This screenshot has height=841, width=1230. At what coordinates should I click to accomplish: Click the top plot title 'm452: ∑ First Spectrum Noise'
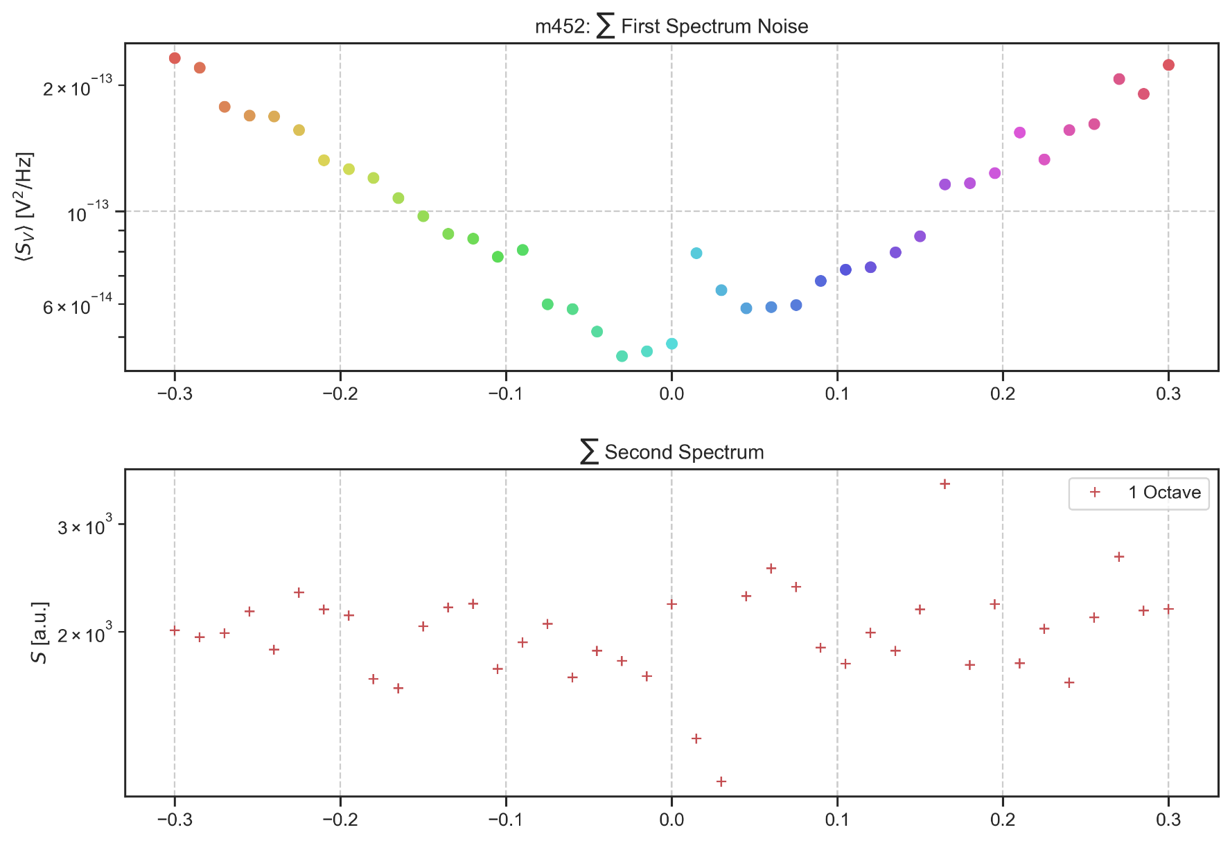click(x=671, y=26)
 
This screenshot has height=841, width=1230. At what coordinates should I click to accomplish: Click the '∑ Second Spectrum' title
click(x=671, y=452)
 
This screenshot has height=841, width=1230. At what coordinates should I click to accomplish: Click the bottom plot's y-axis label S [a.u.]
click(x=41, y=632)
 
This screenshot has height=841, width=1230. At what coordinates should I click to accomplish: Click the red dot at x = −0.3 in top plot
click(x=175, y=58)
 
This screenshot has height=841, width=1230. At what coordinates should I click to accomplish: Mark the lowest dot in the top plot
click(x=622, y=356)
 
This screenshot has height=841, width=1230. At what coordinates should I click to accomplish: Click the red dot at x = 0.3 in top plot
click(x=1168, y=65)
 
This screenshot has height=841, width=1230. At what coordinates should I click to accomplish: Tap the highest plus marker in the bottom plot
click(x=945, y=484)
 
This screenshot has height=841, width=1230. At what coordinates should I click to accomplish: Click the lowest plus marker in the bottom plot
click(x=721, y=781)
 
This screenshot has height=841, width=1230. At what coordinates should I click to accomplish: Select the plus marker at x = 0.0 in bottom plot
click(x=671, y=604)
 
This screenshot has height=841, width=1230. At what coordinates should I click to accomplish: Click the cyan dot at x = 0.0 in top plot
click(x=671, y=344)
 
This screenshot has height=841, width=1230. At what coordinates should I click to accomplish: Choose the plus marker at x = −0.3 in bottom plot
click(x=175, y=630)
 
